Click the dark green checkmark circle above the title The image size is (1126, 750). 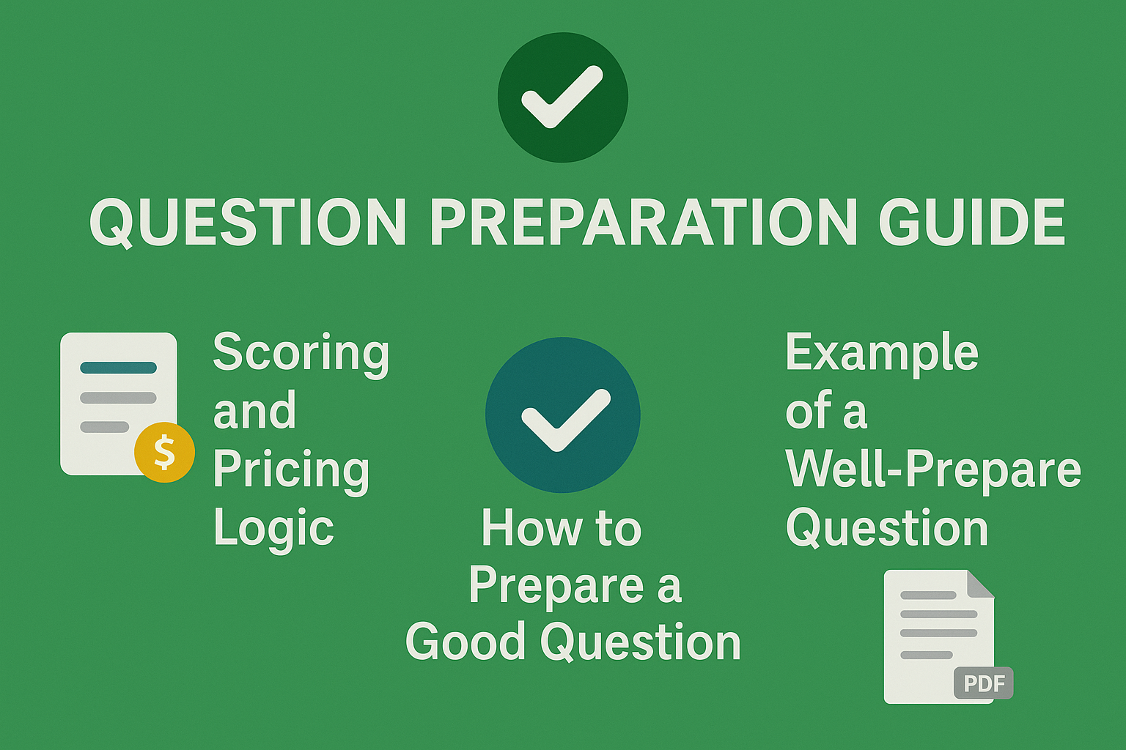tap(563, 97)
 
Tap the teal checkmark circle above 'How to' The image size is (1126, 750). tap(563, 415)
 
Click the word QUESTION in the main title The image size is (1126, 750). tap(248, 222)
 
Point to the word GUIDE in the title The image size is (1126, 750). tap(971, 222)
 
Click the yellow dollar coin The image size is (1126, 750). tap(165, 452)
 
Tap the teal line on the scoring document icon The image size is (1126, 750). tap(118, 368)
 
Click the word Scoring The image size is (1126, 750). tap(301, 353)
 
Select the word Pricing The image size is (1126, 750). tap(291, 469)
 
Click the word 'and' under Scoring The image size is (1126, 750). tap(254, 411)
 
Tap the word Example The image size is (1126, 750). tap(881, 353)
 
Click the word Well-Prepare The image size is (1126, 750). tap(932, 469)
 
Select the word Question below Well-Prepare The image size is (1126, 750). tap(887, 527)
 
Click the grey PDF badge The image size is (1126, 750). tap(984, 683)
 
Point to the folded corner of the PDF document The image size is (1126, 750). tap(981, 584)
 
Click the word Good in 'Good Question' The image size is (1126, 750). tap(466, 642)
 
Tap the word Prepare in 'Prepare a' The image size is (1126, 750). tap(556, 586)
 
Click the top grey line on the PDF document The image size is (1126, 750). tap(928, 595)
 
